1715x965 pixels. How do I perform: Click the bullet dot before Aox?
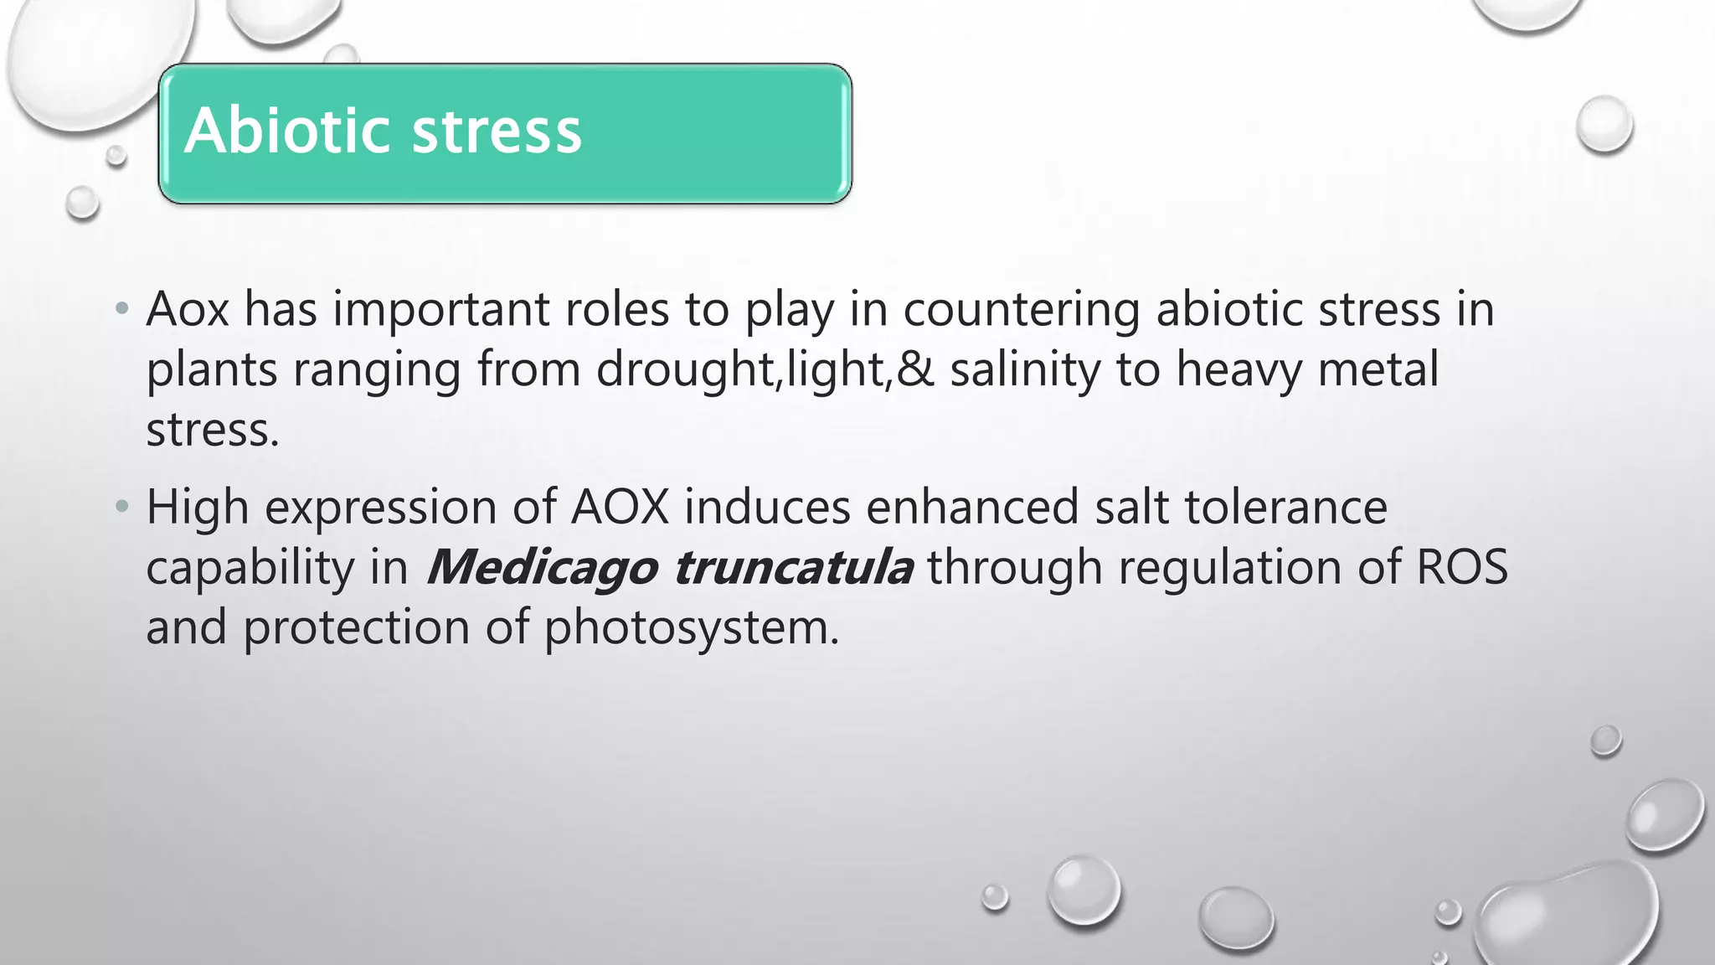122,308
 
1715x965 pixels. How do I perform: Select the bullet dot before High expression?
122,506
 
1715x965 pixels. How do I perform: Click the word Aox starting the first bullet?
188,308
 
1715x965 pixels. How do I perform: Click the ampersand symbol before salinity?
915,369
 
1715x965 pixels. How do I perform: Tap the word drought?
687,370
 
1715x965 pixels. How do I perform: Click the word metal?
1378,369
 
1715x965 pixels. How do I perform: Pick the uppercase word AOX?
620,507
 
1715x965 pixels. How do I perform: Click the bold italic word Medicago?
541,568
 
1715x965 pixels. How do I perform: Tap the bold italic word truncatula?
792,567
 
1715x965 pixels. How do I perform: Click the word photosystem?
691,628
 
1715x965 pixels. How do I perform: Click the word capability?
250,568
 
